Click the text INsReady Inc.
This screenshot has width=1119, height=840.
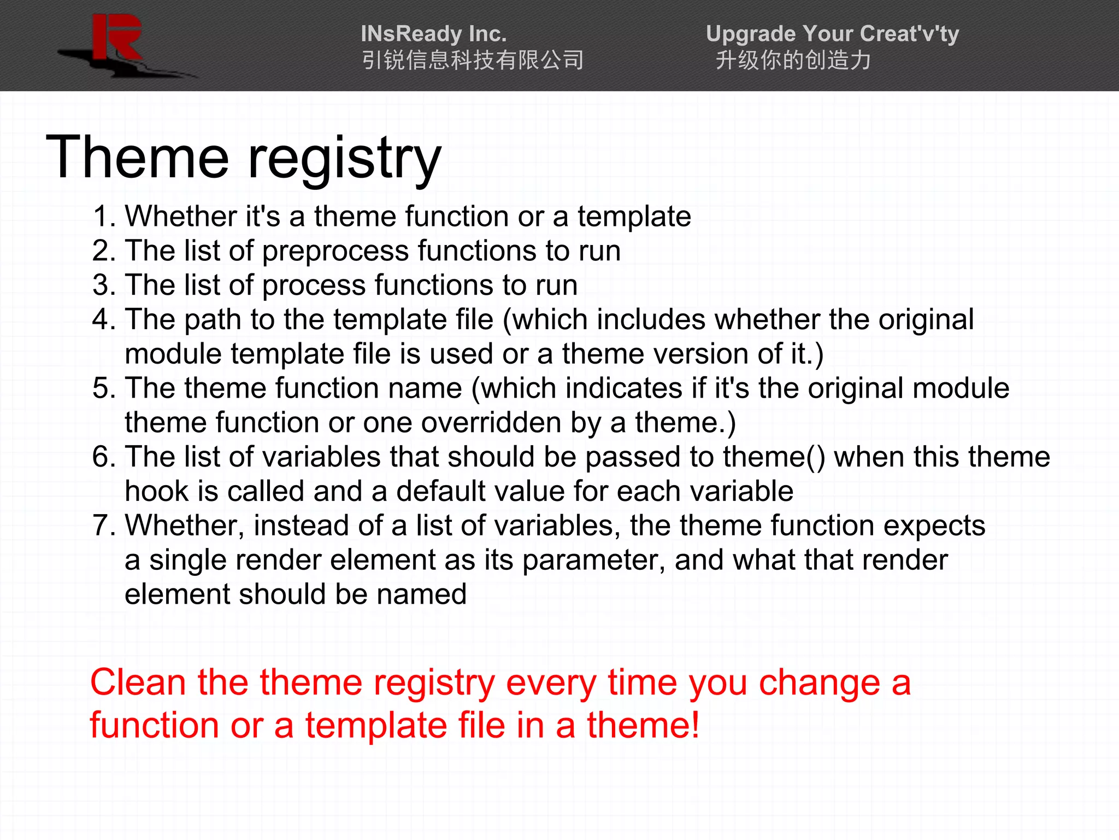(433, 34)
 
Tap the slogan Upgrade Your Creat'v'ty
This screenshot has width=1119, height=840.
(832, 34)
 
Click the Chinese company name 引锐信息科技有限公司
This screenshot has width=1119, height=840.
(473, 60)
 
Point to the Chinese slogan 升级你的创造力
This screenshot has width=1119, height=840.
(793, 60)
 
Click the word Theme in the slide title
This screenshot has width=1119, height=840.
(137, 158)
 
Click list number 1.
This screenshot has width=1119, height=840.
(104, 217)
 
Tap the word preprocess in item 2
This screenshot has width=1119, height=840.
(335, 252)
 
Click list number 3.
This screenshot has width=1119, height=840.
(104, 285)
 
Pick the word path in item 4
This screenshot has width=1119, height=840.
(212, 320)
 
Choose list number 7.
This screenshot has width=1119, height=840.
(104, 526)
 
